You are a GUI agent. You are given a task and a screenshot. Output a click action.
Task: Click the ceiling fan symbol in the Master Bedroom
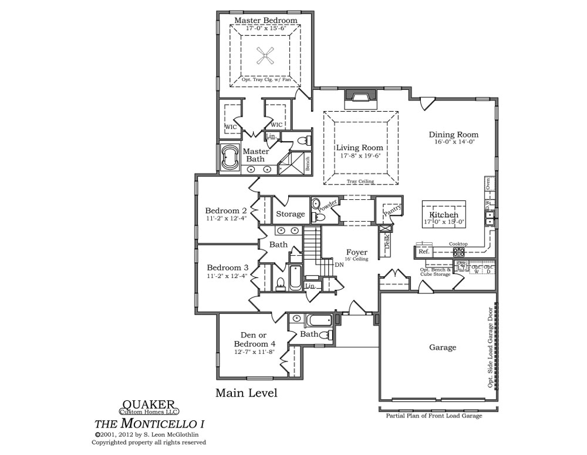coord(266,56)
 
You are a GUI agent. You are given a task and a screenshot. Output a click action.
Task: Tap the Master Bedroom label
coord(265,21)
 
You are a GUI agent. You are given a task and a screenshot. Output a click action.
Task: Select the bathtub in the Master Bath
coord(228,159)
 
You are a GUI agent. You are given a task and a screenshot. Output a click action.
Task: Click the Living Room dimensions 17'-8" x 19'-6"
coord(360,157)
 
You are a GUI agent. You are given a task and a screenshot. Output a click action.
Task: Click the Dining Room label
coord(453,135)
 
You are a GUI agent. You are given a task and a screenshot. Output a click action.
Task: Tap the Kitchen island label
coord(443,216)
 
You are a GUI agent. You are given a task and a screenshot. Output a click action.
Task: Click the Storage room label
coord(291,215)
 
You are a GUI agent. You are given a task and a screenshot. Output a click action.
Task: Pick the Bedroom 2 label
coord(226,210)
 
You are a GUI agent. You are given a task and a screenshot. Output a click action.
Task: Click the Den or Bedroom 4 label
coord(254,340)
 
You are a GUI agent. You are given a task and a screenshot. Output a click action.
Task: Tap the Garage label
coord(443,347)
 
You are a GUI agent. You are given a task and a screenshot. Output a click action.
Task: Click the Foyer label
coord(356,252)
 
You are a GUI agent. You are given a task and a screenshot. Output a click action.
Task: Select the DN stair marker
coord(339,265)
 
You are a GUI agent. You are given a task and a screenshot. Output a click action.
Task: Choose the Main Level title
coord(246,393)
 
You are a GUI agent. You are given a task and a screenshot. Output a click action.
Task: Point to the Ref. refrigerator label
coord(424,252)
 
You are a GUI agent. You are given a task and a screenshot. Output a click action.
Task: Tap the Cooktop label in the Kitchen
coord(458,244)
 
